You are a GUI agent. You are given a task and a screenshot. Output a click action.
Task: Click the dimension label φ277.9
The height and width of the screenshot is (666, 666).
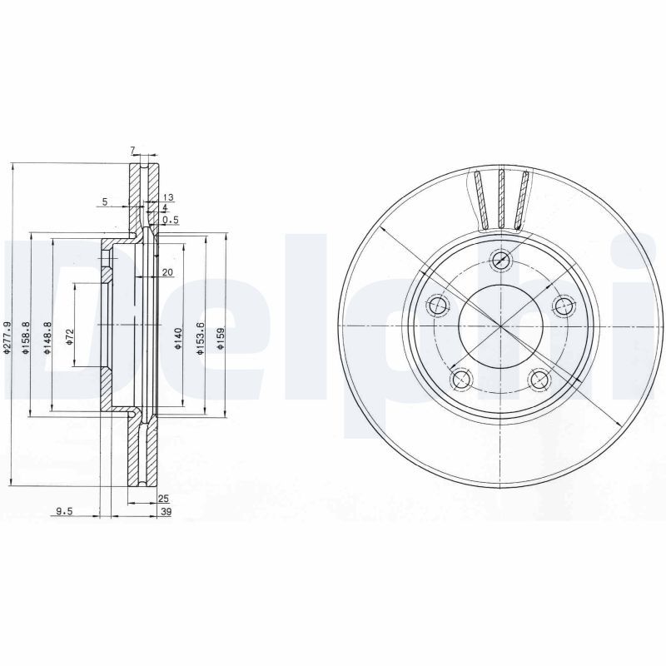(7, 340)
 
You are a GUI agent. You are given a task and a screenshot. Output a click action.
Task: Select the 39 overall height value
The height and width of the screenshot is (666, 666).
(165, 512)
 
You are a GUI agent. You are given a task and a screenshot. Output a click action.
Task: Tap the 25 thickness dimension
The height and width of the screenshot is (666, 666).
(163, 499)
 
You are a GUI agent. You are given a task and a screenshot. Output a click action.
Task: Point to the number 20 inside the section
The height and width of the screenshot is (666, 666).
(167, 273)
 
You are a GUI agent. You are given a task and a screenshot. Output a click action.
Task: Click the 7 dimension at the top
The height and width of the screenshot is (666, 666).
(132, 150)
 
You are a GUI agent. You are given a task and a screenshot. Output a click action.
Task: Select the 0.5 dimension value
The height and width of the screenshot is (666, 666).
(171, 220)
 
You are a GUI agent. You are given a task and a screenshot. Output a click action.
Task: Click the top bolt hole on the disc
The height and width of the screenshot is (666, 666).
(500, 260)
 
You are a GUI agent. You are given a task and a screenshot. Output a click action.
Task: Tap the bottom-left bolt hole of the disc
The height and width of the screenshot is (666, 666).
(460, 380)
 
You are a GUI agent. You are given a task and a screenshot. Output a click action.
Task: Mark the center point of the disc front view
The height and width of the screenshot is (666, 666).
(500, 326)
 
